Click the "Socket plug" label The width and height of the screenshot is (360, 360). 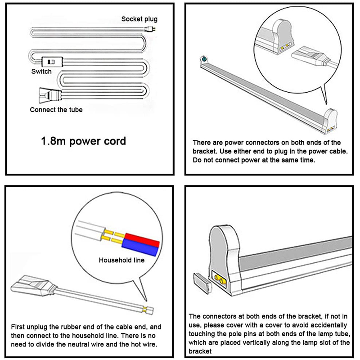pos(139,19)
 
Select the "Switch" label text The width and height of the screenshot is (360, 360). pos(41,72)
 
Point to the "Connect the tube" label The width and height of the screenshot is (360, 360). pos(56,109)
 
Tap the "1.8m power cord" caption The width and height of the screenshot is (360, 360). pos(83,141)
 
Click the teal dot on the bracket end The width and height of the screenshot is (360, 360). pos(204,59)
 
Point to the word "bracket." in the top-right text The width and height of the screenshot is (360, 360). pos(204,151)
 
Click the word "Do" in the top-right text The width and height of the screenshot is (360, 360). pos(197,160)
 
